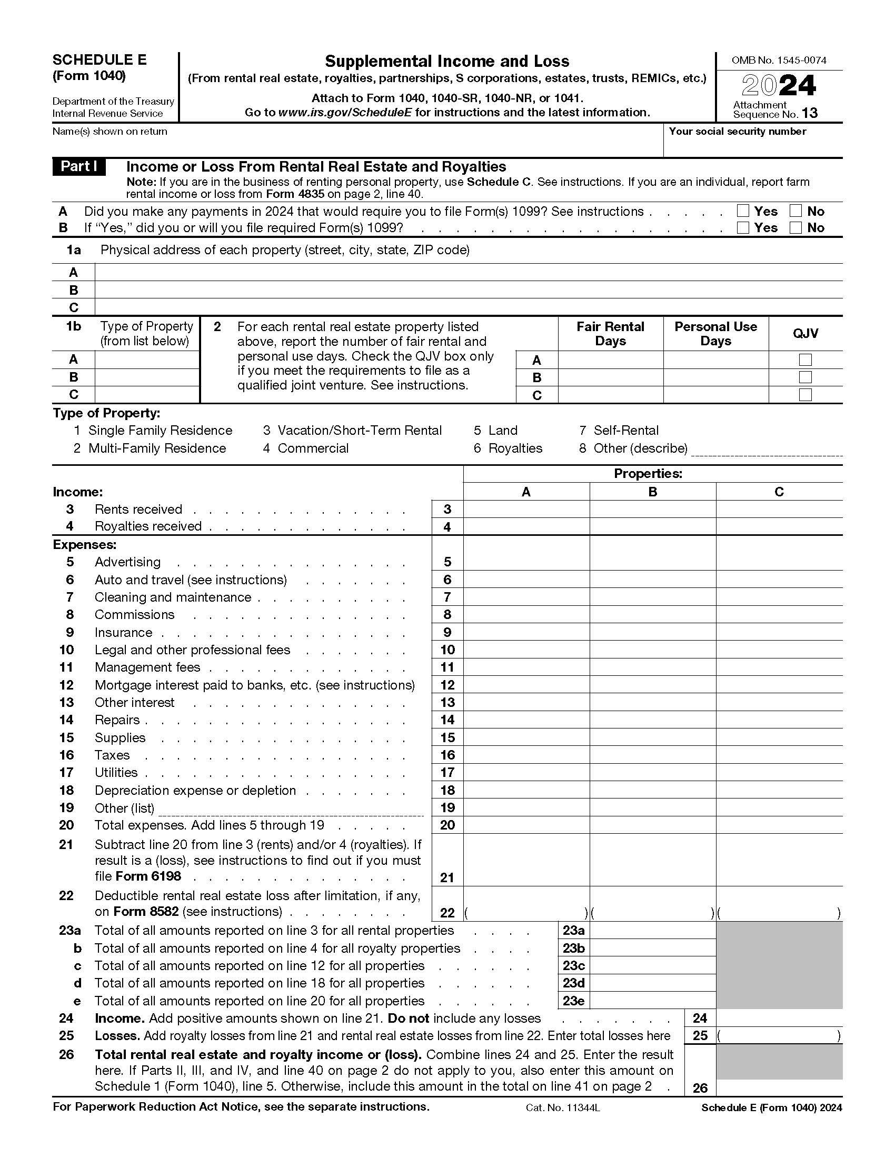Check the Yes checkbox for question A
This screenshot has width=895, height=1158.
(x=743, y=211)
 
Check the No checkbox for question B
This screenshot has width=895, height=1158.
(x=795, y=228)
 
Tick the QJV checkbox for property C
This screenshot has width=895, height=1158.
(x=805, y=395)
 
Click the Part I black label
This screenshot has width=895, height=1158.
(x=79, y=167)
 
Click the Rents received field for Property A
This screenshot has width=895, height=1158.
(x=526, y=510)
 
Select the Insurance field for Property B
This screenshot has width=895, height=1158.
(x=652, y=633)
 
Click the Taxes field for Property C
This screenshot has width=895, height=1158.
(x=778, y=755)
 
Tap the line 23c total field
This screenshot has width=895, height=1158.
(x=652, y=966)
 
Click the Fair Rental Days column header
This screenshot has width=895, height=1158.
(x=610, y=334)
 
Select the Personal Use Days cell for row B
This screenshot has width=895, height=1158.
(x=715, y=377)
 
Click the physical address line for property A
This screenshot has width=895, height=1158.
(x=468, y=273)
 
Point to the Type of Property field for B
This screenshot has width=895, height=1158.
(x=147, y=377)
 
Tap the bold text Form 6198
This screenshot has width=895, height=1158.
(x=148, y=876)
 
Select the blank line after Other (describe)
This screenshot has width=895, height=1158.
(x=767, y=450)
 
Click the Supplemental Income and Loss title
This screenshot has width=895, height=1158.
(x=447, y=62)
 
